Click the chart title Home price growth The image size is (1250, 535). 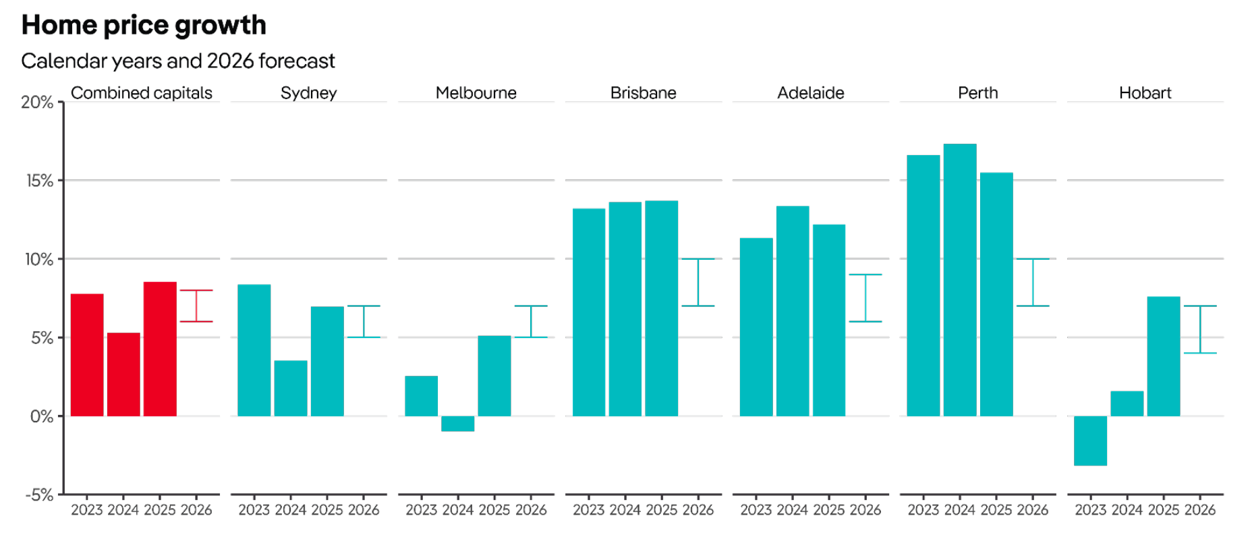click(144, 26)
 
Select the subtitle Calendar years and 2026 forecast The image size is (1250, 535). click(178, 61)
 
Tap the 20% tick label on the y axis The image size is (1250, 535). click(37, 103)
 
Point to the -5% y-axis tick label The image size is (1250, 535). click(39, 495)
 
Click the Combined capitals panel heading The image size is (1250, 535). click(142, 93)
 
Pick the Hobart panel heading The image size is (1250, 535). click(1145, 93)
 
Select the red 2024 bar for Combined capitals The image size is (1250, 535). click(123, 374)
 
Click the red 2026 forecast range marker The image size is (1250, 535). click(196, 306)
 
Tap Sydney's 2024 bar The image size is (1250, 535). click(291, 388)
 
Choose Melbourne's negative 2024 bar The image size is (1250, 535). click(458, 424)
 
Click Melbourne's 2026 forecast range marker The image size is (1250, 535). click(531, 321)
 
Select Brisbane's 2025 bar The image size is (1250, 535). click(661, 308)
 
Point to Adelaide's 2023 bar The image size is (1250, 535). click(756, 327)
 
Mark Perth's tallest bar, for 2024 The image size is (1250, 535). click(960, 280)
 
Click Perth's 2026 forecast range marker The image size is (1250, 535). click(1033, 282)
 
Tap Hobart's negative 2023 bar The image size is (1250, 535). click(1090, 441)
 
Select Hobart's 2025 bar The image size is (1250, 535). click(1164, 356)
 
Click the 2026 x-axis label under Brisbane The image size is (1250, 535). click(698, 510)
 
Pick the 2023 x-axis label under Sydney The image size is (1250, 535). click(254, 510)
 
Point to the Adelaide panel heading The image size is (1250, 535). click(810, 93)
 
